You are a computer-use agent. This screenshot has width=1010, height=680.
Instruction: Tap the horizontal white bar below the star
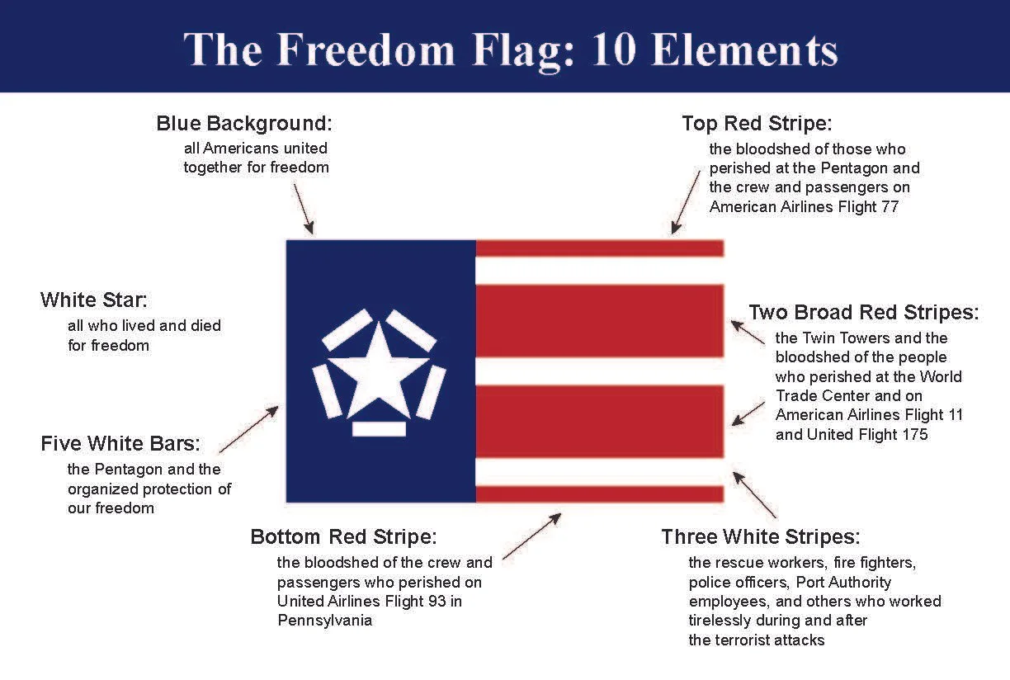point(379,429)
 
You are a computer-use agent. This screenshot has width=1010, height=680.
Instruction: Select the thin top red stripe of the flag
point(600,248)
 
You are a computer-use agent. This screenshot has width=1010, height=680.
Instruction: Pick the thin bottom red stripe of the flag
point(600,494)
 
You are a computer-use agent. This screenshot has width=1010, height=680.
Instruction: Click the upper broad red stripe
point(600,321)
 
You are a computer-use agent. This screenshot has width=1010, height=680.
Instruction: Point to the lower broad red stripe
point(600,421)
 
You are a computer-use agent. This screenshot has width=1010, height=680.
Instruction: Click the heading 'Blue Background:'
point(243,124)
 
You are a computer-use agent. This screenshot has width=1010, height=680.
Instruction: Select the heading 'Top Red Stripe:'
point(757,124)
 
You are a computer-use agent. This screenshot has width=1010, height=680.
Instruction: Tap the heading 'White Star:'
point(93,300)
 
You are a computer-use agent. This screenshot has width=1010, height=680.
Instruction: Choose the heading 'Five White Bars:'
point(120,444)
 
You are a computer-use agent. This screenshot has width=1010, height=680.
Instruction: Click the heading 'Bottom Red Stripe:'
point(343,537)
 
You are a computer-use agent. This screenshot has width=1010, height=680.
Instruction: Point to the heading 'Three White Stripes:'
point(761,537)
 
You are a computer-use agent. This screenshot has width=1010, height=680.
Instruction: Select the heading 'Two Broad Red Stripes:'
point(864,313)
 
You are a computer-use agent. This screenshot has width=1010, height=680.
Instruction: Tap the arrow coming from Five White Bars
point(248,429)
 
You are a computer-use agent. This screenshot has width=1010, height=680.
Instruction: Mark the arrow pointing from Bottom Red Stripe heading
point(531,536)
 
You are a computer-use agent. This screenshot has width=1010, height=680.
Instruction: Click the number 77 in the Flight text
point(889,207)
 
